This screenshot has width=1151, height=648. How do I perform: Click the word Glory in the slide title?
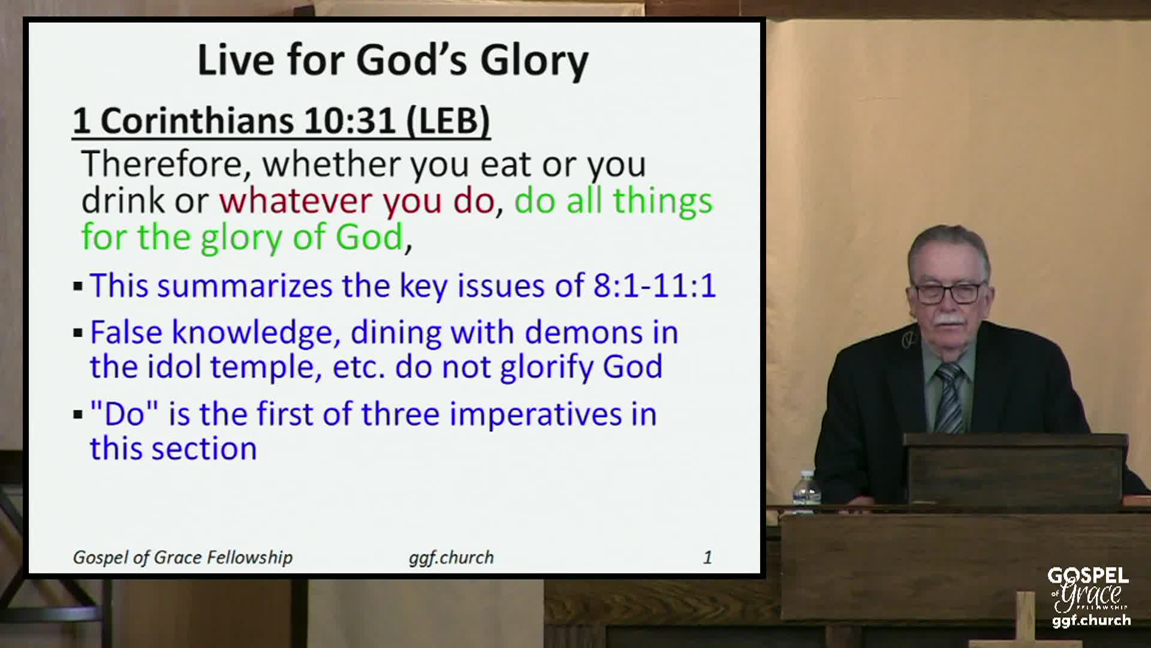[x=534, y=61]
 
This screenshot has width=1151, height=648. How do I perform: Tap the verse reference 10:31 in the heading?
[x=349, y=121]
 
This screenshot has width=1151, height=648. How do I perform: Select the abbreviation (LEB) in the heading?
[x=448, y=121]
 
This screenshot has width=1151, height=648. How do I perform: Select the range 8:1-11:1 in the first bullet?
[x=654, y=286]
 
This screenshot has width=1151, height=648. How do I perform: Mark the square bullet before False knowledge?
[x=78, y=333]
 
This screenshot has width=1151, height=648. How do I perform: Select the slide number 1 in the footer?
[x=707, y=557]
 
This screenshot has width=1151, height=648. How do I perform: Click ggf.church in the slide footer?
[x=451, y=557]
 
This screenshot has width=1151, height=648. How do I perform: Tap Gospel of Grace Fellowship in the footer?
[x=183, y=557]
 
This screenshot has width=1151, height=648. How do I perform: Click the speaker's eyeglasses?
[x=950, y=292]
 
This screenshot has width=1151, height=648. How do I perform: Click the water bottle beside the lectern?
[x=806, y=492]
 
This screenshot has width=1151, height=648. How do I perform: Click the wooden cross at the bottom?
[x=1025, y=621]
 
